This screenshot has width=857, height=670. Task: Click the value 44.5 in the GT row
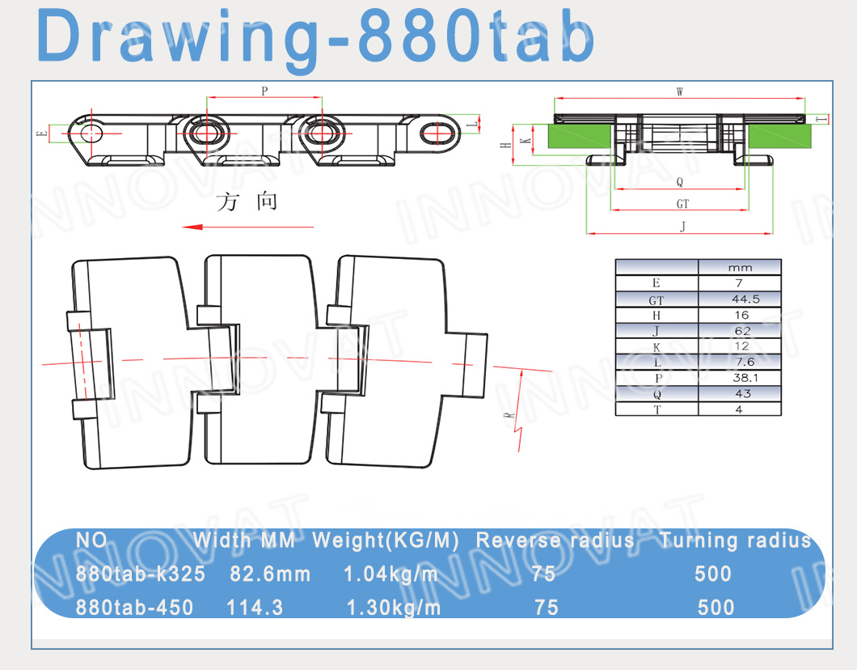point(745,299)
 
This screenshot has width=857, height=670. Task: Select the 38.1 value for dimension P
point(745,378)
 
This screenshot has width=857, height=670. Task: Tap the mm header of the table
point(740,268)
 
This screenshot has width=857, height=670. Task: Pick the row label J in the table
point(656,331)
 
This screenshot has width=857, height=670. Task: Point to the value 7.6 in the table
point(745,362)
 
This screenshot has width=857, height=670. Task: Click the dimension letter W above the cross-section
point(679,91)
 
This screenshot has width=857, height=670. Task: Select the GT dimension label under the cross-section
point(682,204)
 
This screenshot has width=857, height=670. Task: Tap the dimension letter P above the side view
point(264,91)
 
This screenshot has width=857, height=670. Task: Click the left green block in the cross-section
point(580,136)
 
